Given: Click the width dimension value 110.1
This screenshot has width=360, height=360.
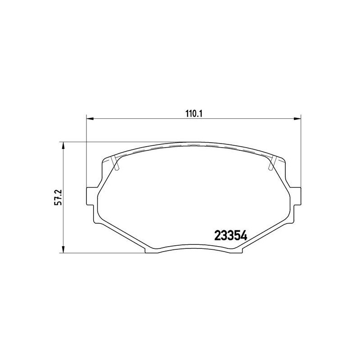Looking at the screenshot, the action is tap(193, 114).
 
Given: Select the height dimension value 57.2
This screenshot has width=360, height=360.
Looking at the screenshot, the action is tap(58, 198).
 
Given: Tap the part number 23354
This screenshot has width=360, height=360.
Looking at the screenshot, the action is tap(230, 236).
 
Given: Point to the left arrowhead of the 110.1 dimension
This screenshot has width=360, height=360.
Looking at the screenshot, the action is tap(90, 119).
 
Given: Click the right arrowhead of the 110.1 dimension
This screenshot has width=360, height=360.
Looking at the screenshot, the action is tap(297, 119).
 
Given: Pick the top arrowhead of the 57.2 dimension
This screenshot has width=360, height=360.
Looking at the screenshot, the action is tap(63, 145).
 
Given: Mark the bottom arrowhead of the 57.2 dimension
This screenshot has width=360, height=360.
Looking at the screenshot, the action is tap(63, 249).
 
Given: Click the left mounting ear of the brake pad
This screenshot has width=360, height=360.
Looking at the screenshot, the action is tap(90, 196).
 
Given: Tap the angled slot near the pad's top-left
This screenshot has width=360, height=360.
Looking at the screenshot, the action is tap(115, 163).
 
